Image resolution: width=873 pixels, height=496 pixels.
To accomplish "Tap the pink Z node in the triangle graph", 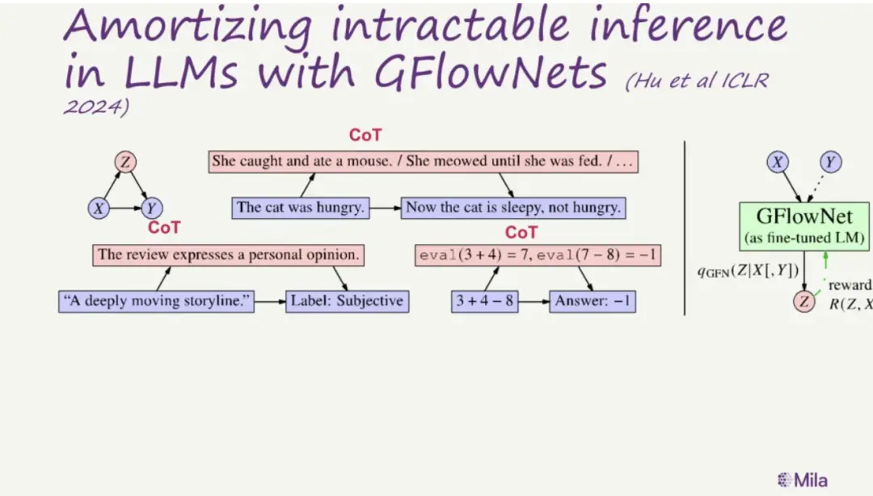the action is (x=125, y=162).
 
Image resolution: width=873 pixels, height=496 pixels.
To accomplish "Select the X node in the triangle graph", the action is (x=99, y=208).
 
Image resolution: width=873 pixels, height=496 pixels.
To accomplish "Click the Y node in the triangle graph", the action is (x=151, y=208).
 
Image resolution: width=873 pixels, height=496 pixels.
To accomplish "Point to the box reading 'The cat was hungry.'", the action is (x=301, y=208).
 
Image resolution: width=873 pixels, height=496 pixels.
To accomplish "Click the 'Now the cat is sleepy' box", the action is (x=513, y=208).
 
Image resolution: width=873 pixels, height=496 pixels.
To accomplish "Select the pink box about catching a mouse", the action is (x=423, y=162).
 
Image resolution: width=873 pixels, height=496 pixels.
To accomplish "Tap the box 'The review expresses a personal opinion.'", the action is (x=228, y=255).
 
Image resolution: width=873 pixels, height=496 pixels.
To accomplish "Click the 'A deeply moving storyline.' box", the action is (x=157, y=301).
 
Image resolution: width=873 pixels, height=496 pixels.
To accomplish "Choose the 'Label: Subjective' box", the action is (x=348, y=301).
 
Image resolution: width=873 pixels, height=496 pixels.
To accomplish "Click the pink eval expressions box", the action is (x=538, y=255).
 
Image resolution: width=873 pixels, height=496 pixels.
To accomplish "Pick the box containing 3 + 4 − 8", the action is (x=484, y=301).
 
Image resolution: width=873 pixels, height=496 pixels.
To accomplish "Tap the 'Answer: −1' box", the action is (x=593, y=301).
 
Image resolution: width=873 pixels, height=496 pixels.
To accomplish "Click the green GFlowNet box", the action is (x=804, y=226).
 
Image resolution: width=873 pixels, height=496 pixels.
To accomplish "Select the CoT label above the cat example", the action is (x=365, y=135).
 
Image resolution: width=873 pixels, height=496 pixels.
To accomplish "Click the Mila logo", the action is (x=803, y=480).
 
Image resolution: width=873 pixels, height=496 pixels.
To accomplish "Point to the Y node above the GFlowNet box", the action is (x=830, y=162).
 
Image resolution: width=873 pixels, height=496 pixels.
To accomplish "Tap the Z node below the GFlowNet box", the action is (x=804, y=301).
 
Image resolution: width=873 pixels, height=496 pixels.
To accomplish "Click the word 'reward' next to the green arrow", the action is (x=850, y=286).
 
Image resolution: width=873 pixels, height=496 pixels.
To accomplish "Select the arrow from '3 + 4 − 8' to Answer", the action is (x=534, y=301).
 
